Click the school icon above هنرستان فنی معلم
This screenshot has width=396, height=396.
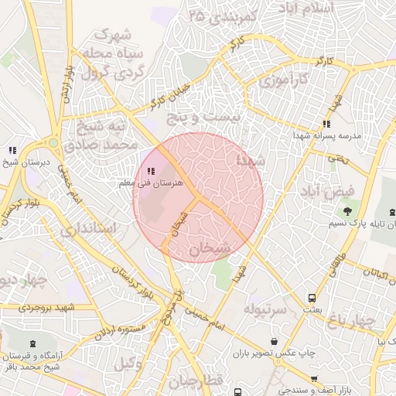pyautogui.click(x=150, y=171)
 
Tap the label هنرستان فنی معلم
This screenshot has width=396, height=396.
pyautogui.click(x=152, y=183)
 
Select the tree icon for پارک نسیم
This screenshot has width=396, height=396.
pyautogui.click(x=347, y=210)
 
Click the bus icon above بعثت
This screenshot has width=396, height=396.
pyautogui.click(x=312, y=297)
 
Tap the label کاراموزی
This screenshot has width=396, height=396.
pyautogui.click(x=283, y=80)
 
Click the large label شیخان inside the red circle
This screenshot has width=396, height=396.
pyautogui.click(x=205, y=248)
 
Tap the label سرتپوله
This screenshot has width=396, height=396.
pyautogui.click(x=265, y=309)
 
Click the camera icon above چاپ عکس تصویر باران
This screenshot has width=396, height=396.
pyautogui.click(x=274, y=340)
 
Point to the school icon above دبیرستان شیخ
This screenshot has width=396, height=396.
pyautogui.click(x=12, y=149)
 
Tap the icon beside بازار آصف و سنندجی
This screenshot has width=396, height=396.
pyautogui.click(x=314, y=379)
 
